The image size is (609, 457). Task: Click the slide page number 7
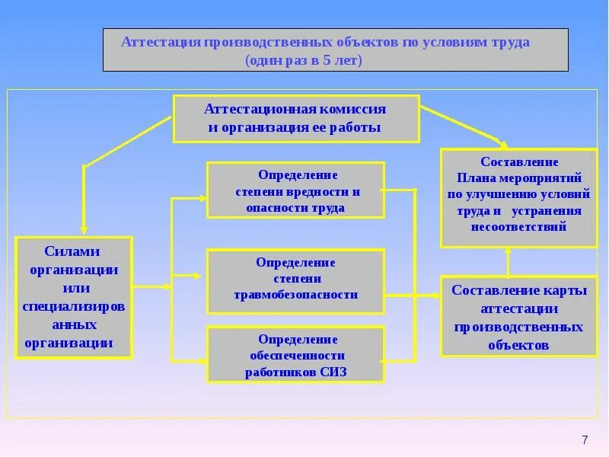coord(585,439)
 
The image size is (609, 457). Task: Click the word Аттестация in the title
coord(160,42)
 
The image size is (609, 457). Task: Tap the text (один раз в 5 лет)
coord(303,59)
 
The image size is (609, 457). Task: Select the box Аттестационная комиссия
coord(296,118)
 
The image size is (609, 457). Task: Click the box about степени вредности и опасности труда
coord(296,190)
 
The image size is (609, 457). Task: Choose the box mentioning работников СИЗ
coord(296,356)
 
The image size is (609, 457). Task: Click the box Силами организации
coord(74,297)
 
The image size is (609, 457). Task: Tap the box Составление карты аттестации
coord(518,316)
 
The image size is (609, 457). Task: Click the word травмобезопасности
coord(296,295)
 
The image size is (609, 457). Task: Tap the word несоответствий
coord(519,227)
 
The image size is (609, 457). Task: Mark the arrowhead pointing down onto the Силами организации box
coord(84,228)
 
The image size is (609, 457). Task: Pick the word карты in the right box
coord(563,290)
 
